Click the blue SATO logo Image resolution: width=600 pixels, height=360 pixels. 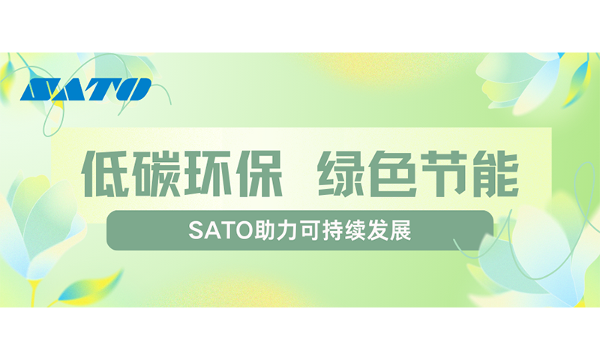pyautogui.click(x=85, y=89)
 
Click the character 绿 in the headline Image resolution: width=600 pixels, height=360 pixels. pyautogui.click(x=342, y=174)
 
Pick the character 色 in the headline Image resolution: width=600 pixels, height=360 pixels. pyautogui.click(x=392, y=174)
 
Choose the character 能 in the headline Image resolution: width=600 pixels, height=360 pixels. pyautogui.click(x=494, y=174)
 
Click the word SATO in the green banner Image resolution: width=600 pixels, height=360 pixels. pyautogui.click(x=221, y=230)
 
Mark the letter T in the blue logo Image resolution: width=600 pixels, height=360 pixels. pyautogui.click(x=103, y=89)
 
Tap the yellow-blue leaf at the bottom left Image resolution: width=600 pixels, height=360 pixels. pyautogui.click(x=91, y=287)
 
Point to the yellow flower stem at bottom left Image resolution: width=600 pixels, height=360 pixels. pyautogui.click(x=33, y=292)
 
